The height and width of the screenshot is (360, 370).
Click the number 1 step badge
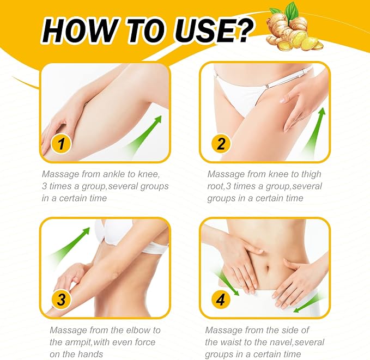coord(61,144)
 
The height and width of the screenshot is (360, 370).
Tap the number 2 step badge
coord(221,144)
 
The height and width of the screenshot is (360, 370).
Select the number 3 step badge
coord(61,300)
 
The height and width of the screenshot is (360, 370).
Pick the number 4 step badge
coord(221,300)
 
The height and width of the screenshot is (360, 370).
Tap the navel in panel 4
coord(268,269)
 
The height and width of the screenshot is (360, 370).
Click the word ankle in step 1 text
coord(114,174)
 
